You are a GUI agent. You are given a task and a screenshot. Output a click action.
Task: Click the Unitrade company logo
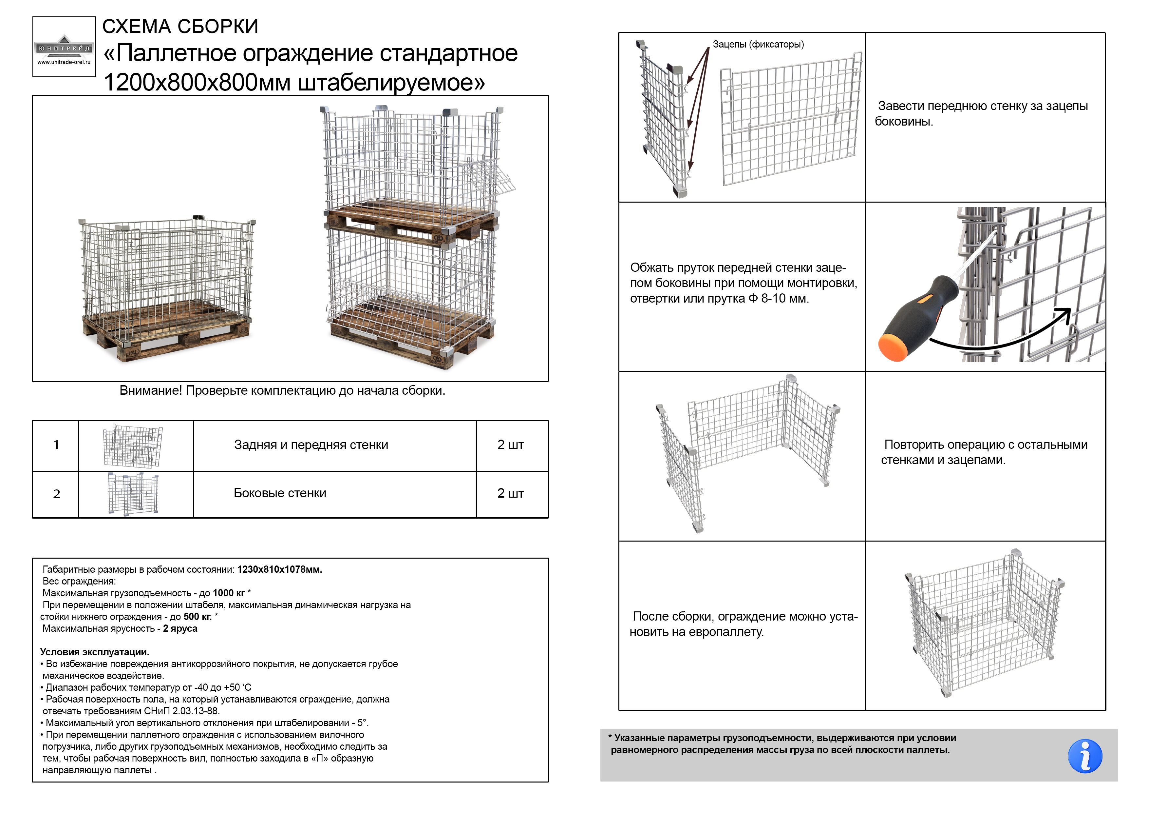click(64, 47)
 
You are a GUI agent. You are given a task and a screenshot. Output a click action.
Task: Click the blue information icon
click(1085, 756)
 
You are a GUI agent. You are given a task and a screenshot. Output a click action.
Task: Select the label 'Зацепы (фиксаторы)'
click(758, 45)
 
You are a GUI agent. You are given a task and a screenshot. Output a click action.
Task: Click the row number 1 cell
click(56, 445)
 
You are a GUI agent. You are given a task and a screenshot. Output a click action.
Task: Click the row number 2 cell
click(56, 494)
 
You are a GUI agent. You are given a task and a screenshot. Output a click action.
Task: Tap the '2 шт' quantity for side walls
click(510, 493)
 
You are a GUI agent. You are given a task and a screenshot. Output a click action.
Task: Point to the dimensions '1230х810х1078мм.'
click(280, 569)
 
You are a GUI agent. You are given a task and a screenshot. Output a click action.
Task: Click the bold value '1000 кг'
click(229, 593)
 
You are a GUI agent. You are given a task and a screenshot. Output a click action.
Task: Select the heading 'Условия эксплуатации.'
click(95, 652)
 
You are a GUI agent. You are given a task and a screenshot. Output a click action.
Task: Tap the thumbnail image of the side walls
click(133, 494)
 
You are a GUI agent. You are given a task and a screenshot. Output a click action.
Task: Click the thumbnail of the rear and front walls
click(133, 446)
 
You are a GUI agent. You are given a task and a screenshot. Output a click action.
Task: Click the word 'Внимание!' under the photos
click(151, 391)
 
